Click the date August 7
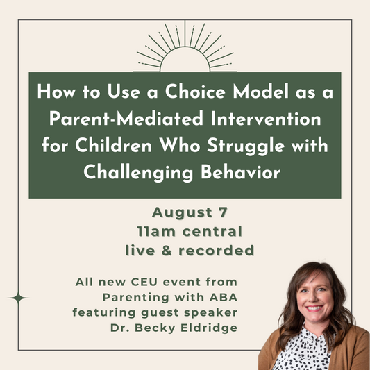pyautogui.click(x=184, y=212)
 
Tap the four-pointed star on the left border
pyautogui.click(x=19, y=298)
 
